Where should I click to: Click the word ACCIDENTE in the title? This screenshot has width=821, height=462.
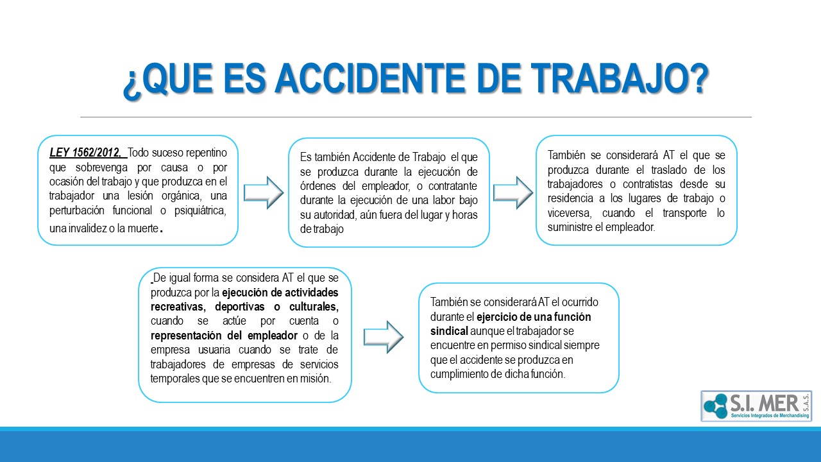tap(371, 78)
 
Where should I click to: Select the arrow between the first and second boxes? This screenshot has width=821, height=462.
tap(264, 193)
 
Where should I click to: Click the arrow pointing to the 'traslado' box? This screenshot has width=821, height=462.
tap(512, 193)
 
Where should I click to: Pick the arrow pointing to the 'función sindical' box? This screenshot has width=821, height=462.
tap(384, 337)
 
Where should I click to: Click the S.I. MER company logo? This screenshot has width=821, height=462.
tap(756, 406)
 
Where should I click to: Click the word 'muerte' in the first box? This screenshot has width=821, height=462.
tap(143, 228)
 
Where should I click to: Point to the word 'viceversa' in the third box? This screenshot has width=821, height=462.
tap(570, 213)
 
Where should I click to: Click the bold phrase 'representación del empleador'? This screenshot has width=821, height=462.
tap(224, 336)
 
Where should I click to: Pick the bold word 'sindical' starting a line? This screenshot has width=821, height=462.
tap(449, 331)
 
